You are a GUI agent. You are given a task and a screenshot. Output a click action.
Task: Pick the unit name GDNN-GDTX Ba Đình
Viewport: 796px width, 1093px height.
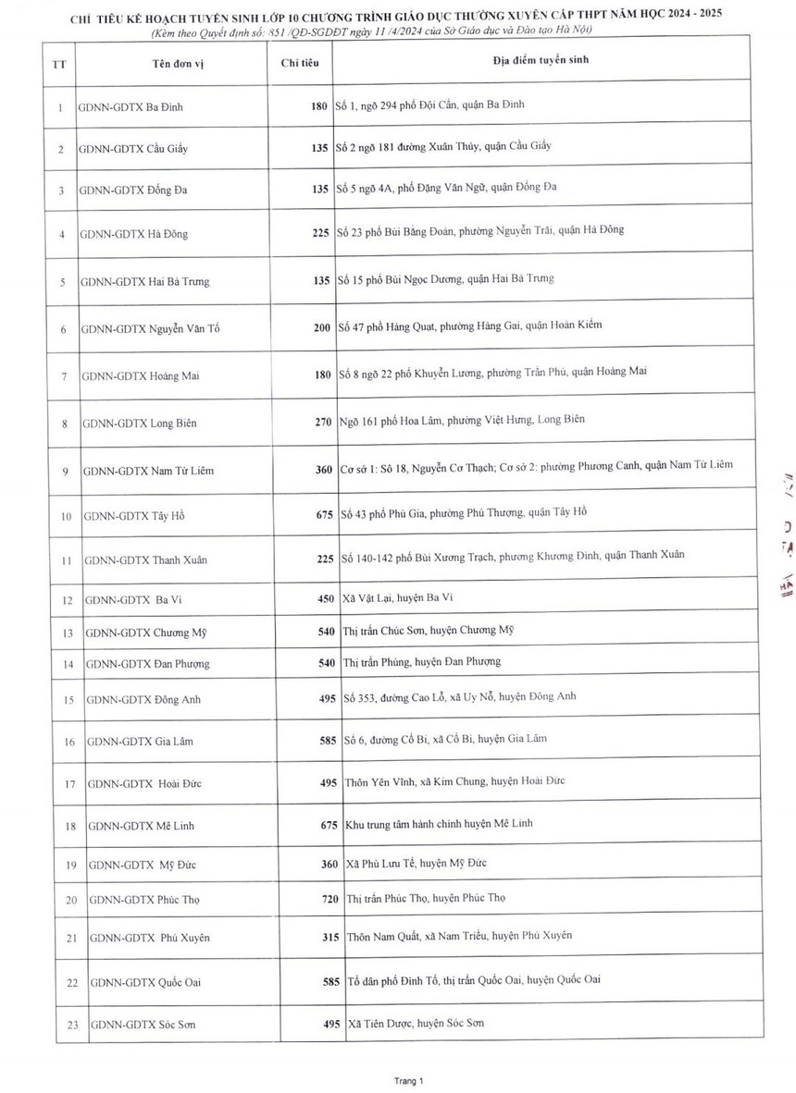click(131, 106)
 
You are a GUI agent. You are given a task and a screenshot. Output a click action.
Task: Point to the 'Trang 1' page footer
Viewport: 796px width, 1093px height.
click(407, 1079)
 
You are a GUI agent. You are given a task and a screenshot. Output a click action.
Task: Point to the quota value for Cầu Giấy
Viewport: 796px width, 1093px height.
click(320, 148)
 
